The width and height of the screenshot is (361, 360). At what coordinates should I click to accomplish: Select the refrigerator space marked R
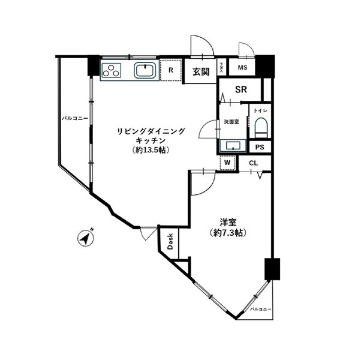[171, 70]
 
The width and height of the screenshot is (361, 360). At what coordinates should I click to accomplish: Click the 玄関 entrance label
[200, 72]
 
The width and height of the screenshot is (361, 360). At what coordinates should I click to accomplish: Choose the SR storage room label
[241, 90]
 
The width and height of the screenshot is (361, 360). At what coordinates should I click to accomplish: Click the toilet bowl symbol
[260, 127]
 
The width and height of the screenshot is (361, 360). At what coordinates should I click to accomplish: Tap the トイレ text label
[260, 111]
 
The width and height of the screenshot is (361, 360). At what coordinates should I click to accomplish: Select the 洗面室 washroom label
[231, 121]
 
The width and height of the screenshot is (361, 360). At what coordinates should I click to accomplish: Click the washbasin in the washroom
[231, 145]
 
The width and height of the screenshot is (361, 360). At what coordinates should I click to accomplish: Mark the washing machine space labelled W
[228, 163]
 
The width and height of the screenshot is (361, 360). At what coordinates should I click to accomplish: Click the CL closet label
[252, 163]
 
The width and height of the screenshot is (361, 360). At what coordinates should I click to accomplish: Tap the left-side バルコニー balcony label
[75, 119]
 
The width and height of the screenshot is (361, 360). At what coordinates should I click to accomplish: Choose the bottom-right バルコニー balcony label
[261, 309]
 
